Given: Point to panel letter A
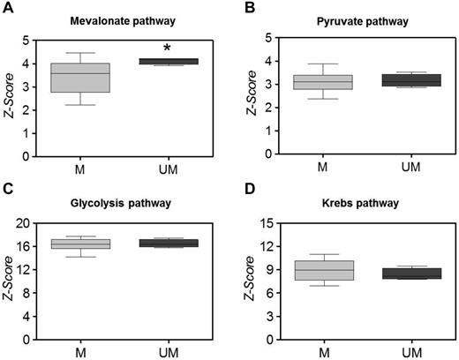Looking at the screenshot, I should (7, 9).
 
